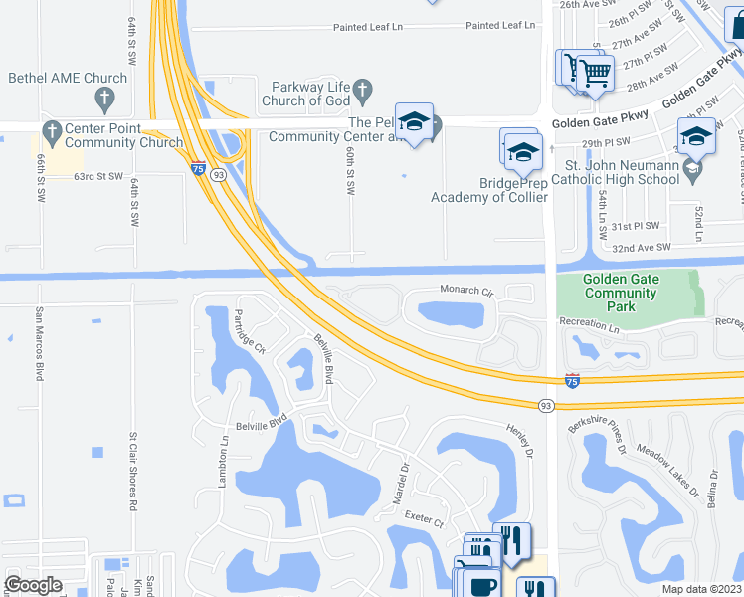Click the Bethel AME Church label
[x=68, y=78]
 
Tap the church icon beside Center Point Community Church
[x=51, y=128]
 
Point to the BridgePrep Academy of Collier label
[x=488, y=190]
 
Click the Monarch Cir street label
[x=466, y=290]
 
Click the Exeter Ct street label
[x=424, y=519]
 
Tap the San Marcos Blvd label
[x=40, y=343]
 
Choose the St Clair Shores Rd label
[x=132, y=471]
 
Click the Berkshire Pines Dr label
[x=597, y=439]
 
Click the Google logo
[x=33, y=585]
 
